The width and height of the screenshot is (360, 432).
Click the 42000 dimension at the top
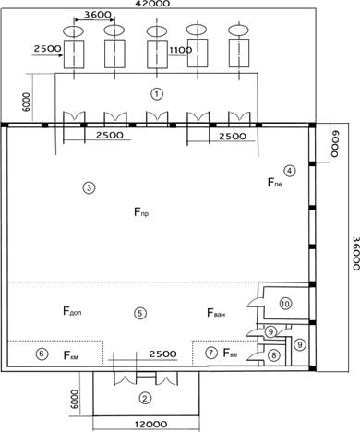tap(152, 4)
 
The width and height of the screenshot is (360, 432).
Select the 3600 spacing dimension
tap(97, 15)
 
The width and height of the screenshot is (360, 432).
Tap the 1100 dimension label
tap(181, 50)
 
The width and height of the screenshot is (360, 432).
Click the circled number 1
tap(157, 94)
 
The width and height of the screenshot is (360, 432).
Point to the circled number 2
tap(145, 399)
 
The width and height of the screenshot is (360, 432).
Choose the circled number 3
tap(89, 187)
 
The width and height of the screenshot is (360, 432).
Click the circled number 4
tap(289, 171)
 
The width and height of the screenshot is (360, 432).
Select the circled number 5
tap(140, 313)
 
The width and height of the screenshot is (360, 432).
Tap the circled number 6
tap(42, 354)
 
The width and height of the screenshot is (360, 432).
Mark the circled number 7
tap(211, 353)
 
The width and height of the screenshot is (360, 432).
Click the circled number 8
tap(273, 355)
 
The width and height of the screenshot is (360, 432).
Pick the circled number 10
tap(285, 304)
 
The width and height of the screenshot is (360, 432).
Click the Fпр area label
tap(141, 212)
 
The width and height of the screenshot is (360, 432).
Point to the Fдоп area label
tap(72, 311)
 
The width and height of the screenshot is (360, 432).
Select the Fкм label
tap(71, 355)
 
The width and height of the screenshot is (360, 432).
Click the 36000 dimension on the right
tap(355, 253)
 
